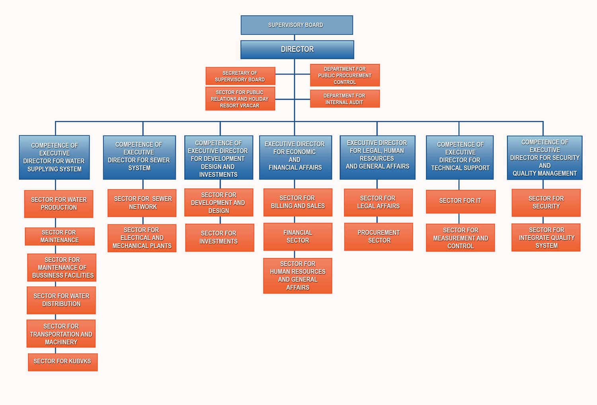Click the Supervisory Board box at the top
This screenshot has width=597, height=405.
pos(297,25)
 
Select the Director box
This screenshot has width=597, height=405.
pos(297,49)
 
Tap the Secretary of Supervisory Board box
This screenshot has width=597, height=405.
pos(240,76)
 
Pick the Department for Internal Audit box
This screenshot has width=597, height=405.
pos(345,99)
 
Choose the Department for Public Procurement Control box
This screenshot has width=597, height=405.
pos(345,75)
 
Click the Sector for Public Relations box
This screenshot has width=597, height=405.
pos(240,99)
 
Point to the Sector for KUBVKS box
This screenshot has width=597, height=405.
pos(62,362)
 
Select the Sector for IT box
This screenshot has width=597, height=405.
pos(460,201)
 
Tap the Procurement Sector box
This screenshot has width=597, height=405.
pos(378,237)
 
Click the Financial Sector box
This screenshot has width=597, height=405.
pos(298,237)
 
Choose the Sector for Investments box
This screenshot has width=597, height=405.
pos(219,238)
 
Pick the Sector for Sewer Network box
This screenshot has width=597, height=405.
pos(142,203)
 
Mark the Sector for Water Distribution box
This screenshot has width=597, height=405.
pos(61,300)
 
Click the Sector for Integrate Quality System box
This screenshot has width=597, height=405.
pos(546,238)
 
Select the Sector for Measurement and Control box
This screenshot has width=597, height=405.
pos(460,238)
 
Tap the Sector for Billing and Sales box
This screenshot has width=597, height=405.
pos(298,202)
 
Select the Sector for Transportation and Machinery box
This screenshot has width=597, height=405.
pos(61,334)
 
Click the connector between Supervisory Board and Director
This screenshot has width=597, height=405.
pos(295,37)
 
